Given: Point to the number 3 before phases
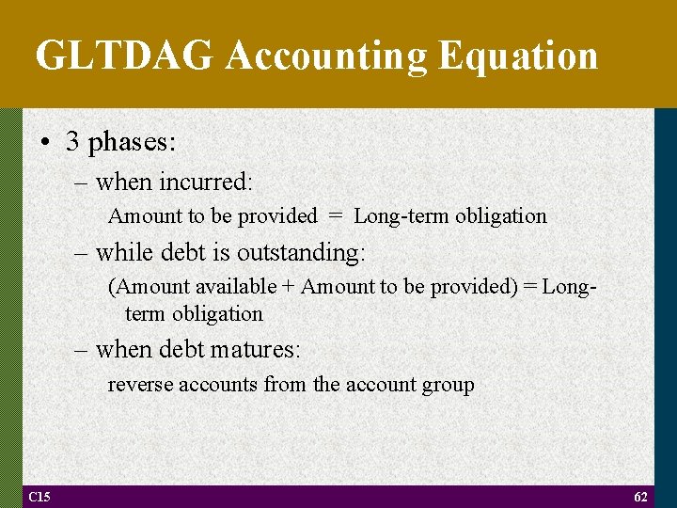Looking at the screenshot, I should pos(72,141).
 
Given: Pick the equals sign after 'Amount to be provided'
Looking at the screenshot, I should pos(336,216).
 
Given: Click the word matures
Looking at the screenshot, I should pos(256,350).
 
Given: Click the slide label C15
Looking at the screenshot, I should pos(39,497).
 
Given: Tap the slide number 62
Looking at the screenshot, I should pos(641,497).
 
